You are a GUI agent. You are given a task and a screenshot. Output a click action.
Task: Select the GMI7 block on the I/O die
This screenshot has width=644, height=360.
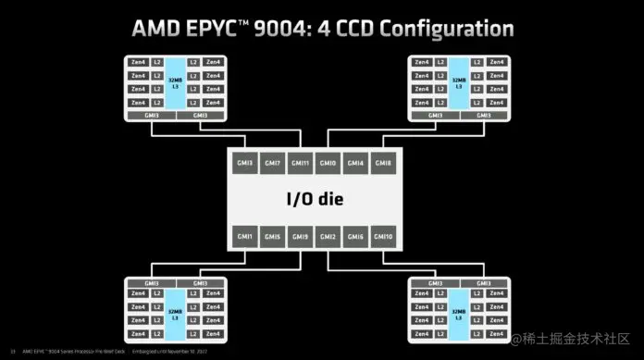click(272, 163)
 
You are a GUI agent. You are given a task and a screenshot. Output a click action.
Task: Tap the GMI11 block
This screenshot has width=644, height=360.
click(300, 163)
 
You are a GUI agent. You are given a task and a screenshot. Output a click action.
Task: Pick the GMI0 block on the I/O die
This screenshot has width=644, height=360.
click(328, 163)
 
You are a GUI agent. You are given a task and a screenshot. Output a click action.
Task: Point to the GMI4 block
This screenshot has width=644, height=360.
click(356, 163)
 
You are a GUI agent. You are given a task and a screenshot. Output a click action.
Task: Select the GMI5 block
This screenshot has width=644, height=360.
click(272, 237)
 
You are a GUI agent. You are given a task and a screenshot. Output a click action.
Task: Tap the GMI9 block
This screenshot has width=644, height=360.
click(300, 237)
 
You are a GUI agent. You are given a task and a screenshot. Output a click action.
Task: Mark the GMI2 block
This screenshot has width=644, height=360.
click(328, 237)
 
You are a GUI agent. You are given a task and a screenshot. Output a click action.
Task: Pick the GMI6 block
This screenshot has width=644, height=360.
click(356, 237)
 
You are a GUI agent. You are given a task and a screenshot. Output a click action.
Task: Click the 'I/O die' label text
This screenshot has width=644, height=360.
click(315, 200)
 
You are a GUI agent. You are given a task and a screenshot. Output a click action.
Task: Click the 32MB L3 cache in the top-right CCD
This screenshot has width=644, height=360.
click(457, 81)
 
